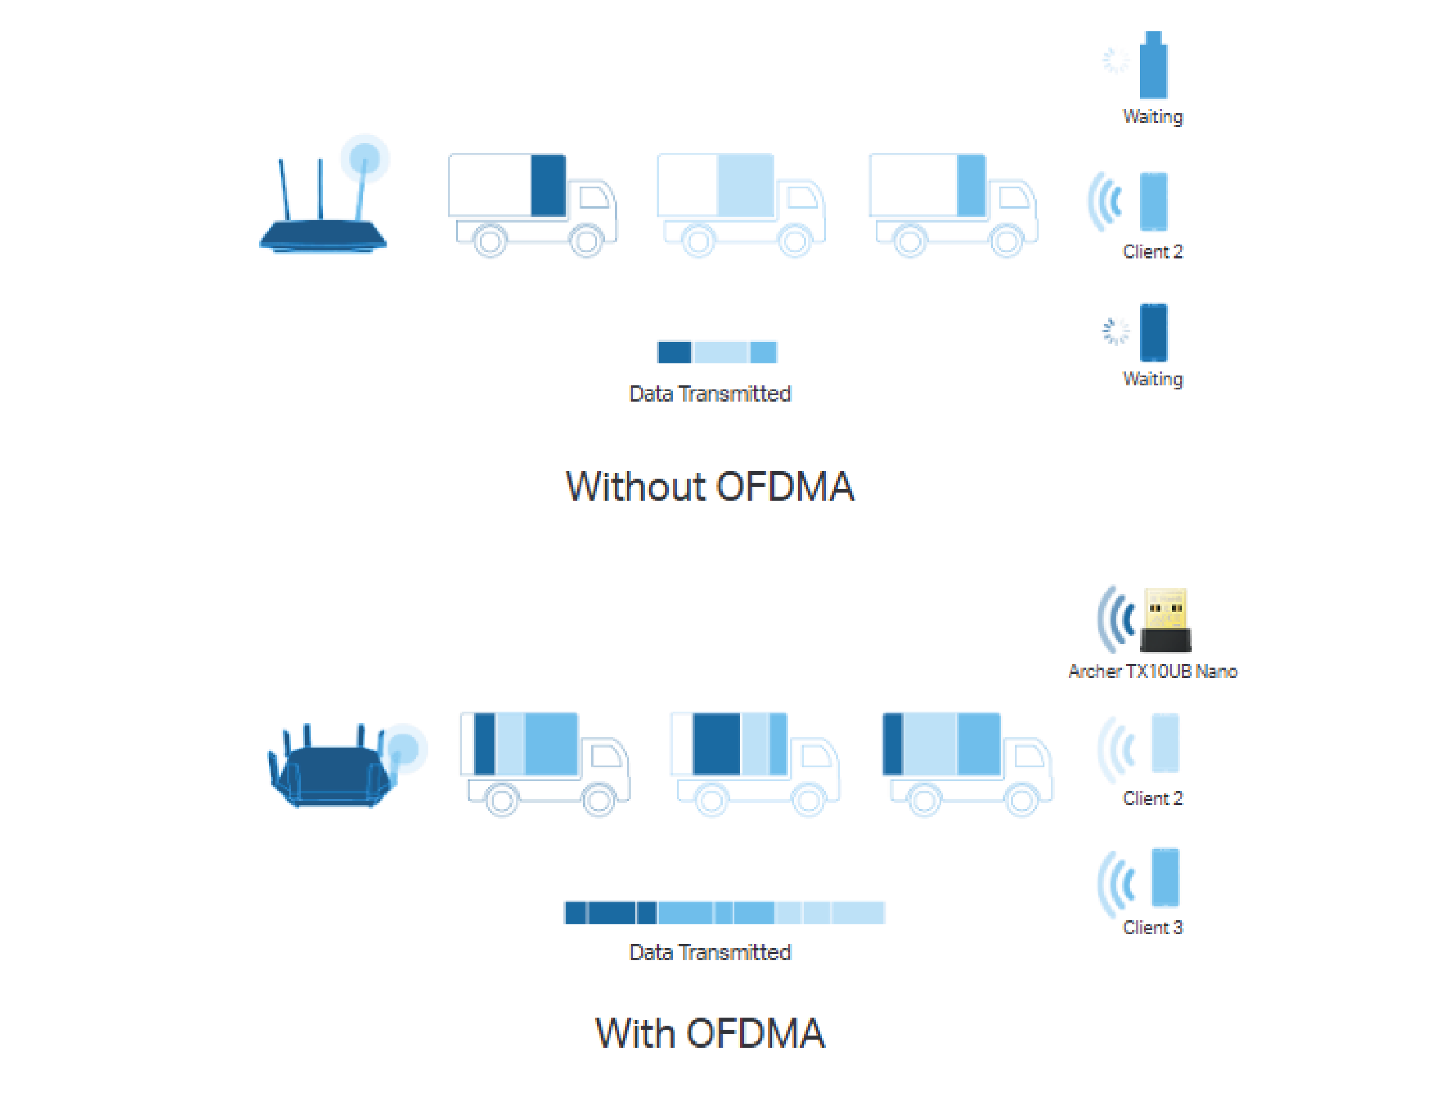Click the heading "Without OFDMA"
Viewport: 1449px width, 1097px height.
709,487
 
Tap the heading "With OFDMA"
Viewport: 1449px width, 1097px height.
709,1033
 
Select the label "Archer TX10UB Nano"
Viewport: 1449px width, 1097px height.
1152,671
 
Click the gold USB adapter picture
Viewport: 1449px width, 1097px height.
1166,619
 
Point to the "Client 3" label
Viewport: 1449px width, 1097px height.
1152,927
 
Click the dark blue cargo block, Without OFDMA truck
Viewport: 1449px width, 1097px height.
548,185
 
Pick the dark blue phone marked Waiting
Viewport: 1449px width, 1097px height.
1153,332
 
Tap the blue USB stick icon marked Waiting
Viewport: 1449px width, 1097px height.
1153,65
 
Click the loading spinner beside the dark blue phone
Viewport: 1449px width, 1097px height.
1116,331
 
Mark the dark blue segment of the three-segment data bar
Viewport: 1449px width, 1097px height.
673,352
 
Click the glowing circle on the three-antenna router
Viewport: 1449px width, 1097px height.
365,158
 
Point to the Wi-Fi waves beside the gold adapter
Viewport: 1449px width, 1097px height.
1117,619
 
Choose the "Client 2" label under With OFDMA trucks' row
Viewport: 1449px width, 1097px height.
1152,799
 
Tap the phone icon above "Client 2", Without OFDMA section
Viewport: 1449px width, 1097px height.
1153,202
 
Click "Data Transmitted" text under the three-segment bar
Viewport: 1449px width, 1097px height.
709,393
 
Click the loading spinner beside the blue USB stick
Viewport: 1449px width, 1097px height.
1116,61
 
